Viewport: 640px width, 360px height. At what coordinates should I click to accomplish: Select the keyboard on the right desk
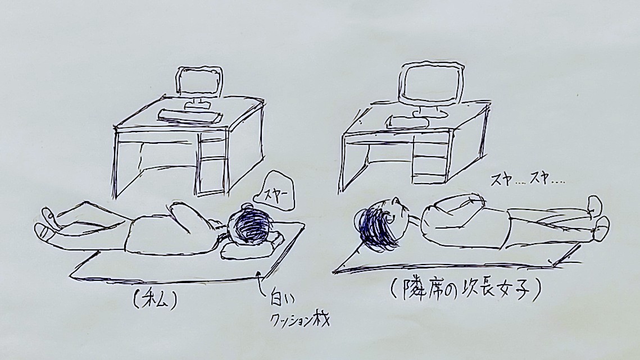406,122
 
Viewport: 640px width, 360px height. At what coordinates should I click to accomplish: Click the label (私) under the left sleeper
154,301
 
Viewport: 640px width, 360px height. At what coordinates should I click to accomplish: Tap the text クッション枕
301,319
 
